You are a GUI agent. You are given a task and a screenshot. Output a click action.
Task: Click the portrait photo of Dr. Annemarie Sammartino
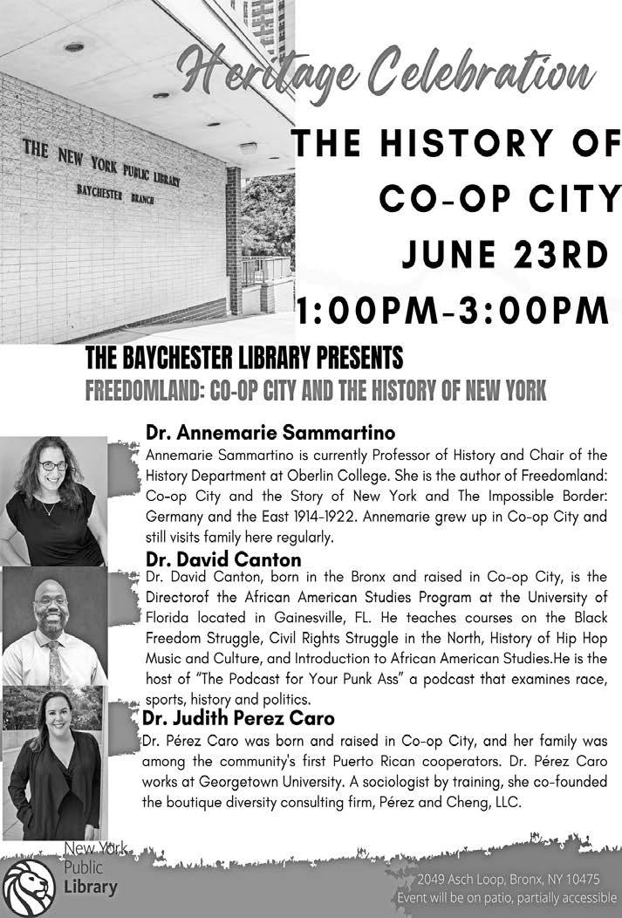pyautogui.click(x=54, y=500)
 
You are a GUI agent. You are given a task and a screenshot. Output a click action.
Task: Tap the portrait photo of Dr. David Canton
pyautogui.click(x=54, y=625)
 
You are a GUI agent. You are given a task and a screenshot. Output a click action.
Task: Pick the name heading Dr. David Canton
pyautogui.click(x=223, y=559)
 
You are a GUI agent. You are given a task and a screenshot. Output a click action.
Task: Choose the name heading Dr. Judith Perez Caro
pyautogui.click(x=241, y=719)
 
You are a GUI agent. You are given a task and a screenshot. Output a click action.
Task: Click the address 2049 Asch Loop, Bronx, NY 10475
pyautogui.click(x=508, y=879)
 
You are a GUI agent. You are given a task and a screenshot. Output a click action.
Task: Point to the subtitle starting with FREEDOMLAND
pyautogui.click(x=316, y=391)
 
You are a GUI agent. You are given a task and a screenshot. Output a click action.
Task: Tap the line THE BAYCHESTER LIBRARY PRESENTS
pyautogui.click(x=244, y=358)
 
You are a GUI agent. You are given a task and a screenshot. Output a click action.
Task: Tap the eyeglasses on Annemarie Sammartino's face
pyautogui.click(x=52, y=466)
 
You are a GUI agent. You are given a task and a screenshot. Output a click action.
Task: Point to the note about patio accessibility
pyautogui.click(x=507, y=897)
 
